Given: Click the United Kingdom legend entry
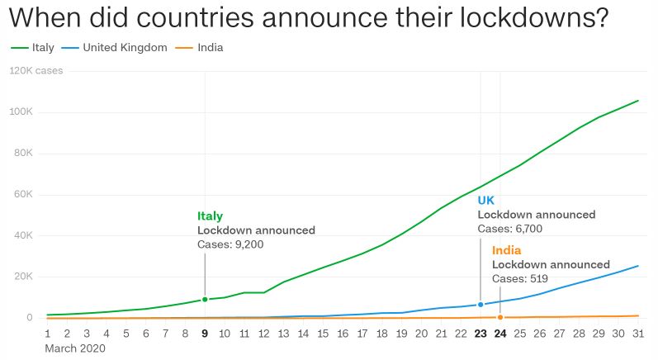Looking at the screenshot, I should click(x=121, y=48).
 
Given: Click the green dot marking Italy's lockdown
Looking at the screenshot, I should click(x=205, y=300).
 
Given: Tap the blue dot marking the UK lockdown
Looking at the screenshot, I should click(x=480, y=305).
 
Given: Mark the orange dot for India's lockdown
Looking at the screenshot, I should click(x=500, y=317).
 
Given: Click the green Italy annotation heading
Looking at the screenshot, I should click(x=210, y=216).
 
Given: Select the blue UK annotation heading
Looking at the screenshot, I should click(x=486, y=200).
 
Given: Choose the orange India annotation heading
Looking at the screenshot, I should click(x=507, y=250).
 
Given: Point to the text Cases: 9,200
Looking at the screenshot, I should click(x=230, y=244).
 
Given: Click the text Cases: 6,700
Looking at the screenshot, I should click(x=510, y=229).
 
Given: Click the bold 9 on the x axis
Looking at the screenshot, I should click(x=205, y=334).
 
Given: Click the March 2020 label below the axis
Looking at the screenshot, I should click(x=75, y=349).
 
